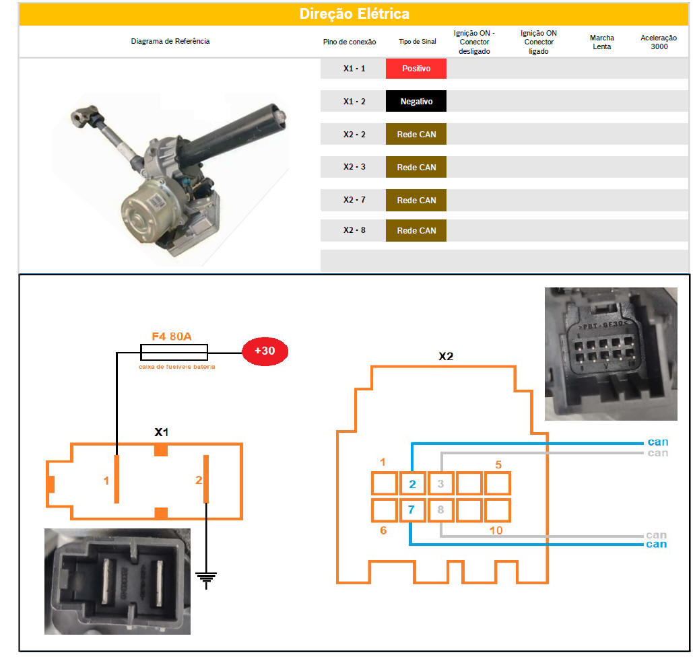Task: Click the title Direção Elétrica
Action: click(x=354, y=14)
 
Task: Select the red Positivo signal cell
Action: click(x=416, y=69)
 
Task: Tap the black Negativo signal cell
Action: click(x=416, y=102)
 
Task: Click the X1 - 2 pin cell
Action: click(x=354, y=102)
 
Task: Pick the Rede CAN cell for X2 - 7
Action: click(x=416, y=200)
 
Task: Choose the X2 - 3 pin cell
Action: click(x=354, y=167)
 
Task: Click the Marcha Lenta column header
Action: click(x=601, y=42)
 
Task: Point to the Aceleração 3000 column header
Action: click(x=659, y=42)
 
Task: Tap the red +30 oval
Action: click(x=265, y=351)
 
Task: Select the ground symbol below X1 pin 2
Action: click(x=205, y=578)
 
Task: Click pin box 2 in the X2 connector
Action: click(x=412, y=484)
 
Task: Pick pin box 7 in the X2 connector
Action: click(x=412, y=510)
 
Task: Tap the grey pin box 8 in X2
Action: click(x=440, y=510)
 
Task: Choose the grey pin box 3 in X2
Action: click(x=440, y=484)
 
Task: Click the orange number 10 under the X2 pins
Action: click(x=496, y=530)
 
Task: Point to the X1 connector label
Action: click(x=161, y=431)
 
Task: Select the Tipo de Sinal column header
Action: click(x=417, y=42)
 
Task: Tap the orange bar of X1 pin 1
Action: click(x=117, y=479)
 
